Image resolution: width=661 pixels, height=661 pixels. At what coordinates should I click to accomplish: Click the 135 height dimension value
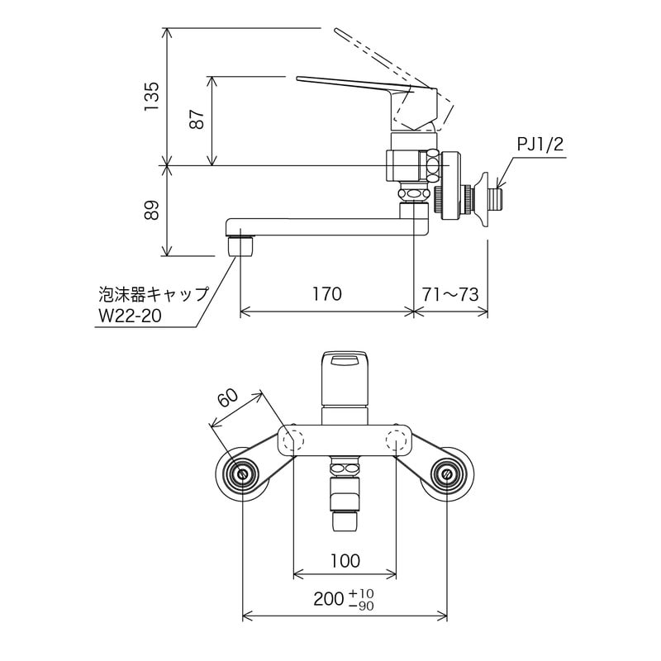pyautogui.click(x=151, y=97)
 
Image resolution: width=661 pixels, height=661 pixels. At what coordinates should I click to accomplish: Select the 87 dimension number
pyautogui.click(x=197, y=121)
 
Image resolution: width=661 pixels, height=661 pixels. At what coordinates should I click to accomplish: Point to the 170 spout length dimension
pyautogui.click(x=326, y=294)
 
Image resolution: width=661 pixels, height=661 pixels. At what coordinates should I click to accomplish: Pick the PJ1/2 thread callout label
pyautogui.click(x=540, y=145)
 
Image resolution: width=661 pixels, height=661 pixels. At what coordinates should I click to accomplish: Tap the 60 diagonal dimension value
pyautogui.click(x=228, y=397)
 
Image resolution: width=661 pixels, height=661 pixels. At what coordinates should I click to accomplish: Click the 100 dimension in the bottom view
pyautogui.click(x=345, y=561)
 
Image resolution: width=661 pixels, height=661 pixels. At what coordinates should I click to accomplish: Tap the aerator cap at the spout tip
pyautogui.click(x=240, y=245)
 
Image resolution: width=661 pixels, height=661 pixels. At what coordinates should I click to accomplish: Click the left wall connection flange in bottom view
pyautogui.click(x=242, y=474)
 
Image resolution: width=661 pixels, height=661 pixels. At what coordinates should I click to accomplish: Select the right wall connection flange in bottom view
pyautogui.click(x=447, y=474)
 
